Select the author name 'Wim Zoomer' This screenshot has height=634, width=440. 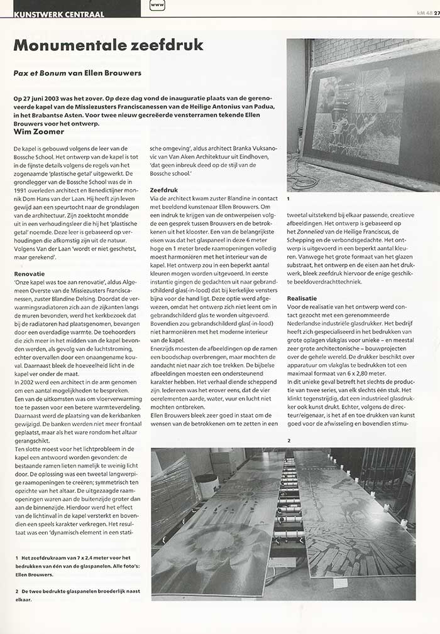coord(40,132)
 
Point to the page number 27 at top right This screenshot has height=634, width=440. coord(436,13)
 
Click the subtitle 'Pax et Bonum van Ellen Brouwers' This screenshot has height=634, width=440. coord(77,73)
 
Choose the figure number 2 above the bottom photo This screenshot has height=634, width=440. coord(289,440)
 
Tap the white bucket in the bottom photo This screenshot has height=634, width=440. coord(207,486)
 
